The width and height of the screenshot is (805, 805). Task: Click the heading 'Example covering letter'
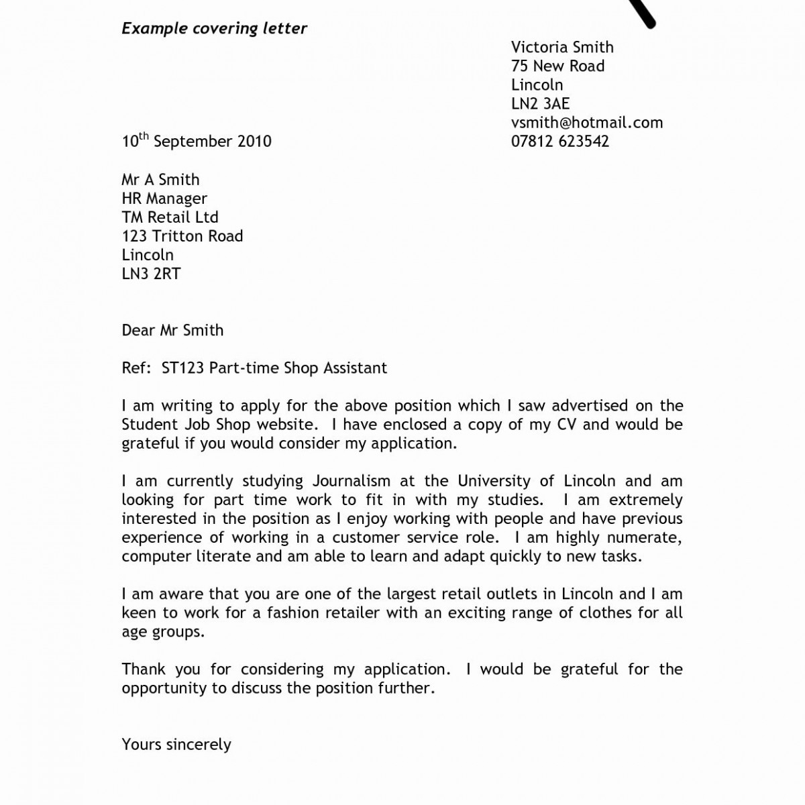pyautogui.click(x=214, y=29)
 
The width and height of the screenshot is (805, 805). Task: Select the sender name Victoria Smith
pyautogui.click(x=562, y=47)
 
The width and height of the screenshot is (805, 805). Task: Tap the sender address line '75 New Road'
pyautogui.click(x=557, y=66)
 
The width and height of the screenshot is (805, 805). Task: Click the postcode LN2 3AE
pyautogui.click(x=540, y=103)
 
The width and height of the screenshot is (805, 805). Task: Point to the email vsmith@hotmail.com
pyautogui.click(x=586, y=122)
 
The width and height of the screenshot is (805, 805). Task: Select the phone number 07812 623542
pyautogui.click(x=559, y=141)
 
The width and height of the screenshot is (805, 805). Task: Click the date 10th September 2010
pyautogui.click(x=196, y=141)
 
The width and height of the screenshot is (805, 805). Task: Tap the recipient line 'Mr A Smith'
pyautogui.click(x=160, y=179)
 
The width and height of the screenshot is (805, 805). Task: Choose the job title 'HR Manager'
pyautogui.click(x=164, y=198)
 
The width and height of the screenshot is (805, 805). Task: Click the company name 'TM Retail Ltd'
pyautogui.click(x=170, y=217)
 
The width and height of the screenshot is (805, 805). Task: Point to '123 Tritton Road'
pyautogui.click(x=182, y=235)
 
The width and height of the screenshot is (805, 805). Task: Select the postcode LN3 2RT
pyautogui.click(x=151, y=273)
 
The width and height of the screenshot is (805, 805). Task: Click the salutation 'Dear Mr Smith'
pyautogui.click(x=172, y=330)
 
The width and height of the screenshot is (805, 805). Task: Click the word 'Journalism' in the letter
pyautogui.click(x=351, y=481)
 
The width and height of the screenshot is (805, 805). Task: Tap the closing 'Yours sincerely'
pyautogui.click(x=176, y=745)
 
